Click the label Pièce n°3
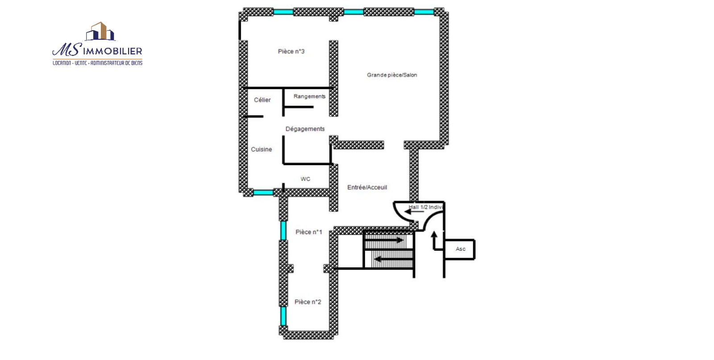point(291,51)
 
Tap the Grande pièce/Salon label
point(392,75)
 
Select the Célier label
point(262,100)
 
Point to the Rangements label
point(310,96)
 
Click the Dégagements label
point(305,129)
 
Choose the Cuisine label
point(262,149)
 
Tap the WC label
point(305,179)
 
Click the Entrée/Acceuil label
point(367,187)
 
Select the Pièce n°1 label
point(309,232)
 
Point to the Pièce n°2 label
point(308,302)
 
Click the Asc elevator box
point(459,249)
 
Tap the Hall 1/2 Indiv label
point(426,207)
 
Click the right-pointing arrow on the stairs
point(385,240)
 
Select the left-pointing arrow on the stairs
point(393,259)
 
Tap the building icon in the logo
point(100,31)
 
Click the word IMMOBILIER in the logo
point(112,51)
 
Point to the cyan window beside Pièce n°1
point(283,230)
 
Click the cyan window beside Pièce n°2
point(283,316)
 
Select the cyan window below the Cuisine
point(263,192)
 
